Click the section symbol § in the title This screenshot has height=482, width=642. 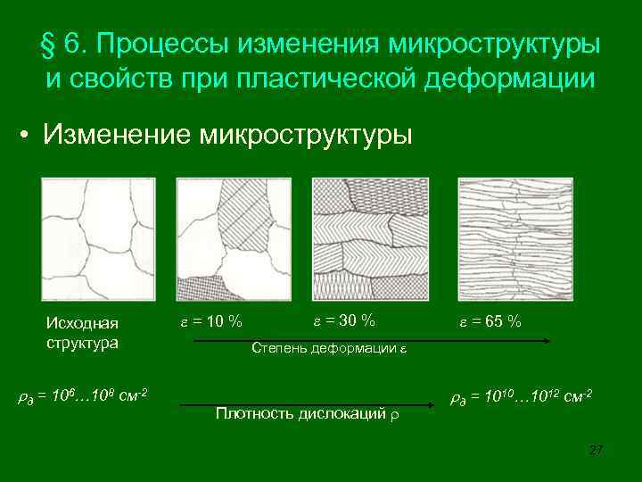click(x=49, y=43)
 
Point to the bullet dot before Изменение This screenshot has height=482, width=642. click(x=30, y=137)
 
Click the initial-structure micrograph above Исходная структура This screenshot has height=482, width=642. click(x=98, y=239)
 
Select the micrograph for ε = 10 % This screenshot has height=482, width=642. click(x=233, y=239)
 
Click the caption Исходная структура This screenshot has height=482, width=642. click(x=82, y=332)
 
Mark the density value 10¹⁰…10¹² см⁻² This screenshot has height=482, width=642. click(x=522, y=395)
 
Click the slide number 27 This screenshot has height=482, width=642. click(x=597, y=450)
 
